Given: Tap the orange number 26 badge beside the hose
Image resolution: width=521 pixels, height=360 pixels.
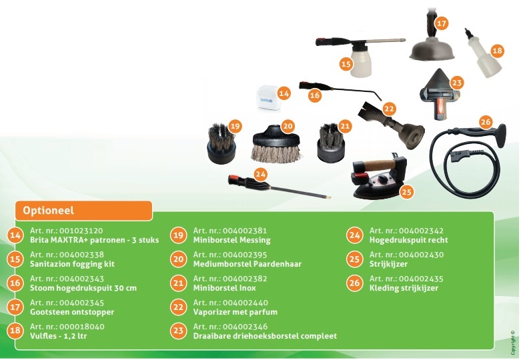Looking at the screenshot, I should (486, 122).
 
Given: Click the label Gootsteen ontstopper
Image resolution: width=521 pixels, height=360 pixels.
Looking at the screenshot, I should (72, 312).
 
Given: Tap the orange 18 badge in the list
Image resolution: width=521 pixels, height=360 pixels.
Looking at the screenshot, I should (15, 331).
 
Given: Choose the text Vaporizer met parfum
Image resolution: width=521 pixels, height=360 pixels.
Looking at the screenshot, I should (235, 312).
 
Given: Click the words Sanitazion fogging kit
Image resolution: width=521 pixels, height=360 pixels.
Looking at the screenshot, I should (72, 264).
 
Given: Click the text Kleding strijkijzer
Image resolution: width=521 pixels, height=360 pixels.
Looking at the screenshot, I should (403, 288).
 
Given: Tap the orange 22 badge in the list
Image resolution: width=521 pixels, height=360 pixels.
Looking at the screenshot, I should (177, 307).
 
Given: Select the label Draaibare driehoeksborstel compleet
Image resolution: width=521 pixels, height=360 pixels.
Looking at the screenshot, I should (265, 336).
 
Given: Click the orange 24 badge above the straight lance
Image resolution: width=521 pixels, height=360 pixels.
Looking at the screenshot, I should (262, 173).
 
